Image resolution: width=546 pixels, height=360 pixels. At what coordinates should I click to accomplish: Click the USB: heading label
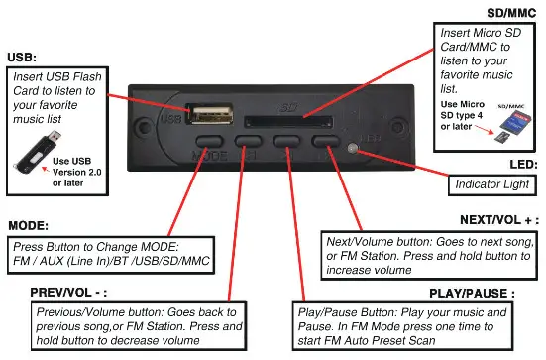coord(24,58)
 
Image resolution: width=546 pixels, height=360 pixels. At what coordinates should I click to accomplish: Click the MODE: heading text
coord(29,226)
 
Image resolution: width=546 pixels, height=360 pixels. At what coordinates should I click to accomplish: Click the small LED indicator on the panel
coord(355,149)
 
